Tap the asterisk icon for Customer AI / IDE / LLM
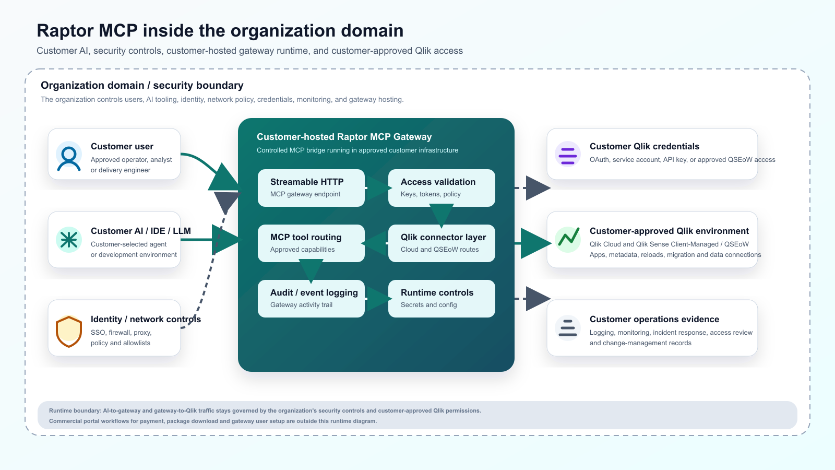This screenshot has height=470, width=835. [68, 240]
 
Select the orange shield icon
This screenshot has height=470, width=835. [68, 331]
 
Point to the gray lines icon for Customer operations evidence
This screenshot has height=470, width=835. [567, 328]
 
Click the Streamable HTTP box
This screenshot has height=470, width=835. [311, 188]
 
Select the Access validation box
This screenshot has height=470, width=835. [442, 188]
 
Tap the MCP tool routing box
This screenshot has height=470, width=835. [311, 243]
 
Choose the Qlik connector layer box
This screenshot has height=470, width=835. [442, 243]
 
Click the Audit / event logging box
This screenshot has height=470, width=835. [311, 299]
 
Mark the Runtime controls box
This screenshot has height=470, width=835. [442, 299]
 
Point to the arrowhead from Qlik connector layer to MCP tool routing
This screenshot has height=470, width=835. [374, 243]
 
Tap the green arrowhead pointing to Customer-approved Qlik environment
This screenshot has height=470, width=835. [536, 243]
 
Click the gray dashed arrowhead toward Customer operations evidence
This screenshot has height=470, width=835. [538, 299]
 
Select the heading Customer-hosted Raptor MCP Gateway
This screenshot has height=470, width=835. [344, 137]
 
